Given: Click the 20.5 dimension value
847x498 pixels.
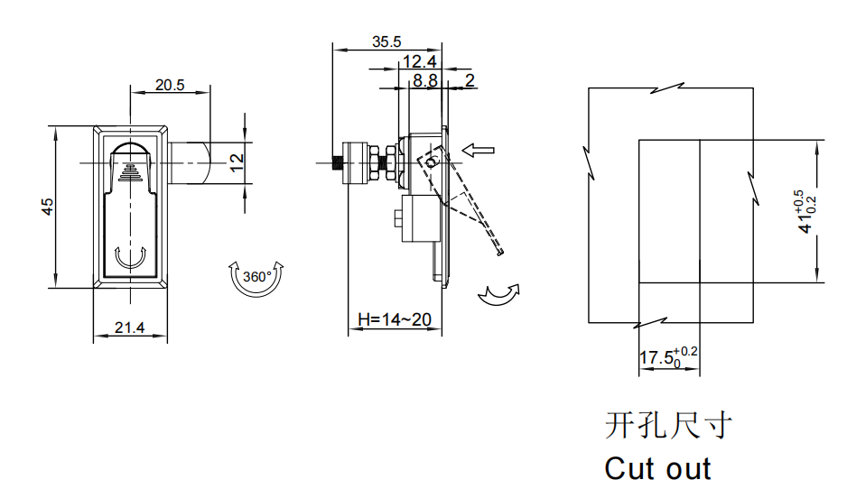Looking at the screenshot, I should (x=170, y=86).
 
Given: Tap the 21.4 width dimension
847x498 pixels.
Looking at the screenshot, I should (x=130, y=328).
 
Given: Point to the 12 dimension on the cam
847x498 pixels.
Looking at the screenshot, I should (x=237, y=163).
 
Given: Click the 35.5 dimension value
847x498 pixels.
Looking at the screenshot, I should (x=386, y=41).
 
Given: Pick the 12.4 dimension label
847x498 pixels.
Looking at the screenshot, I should (x=420, y=61).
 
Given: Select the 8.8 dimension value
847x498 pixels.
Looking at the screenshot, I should (x=424, y=80).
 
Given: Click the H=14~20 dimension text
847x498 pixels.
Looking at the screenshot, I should (x=394, y=319).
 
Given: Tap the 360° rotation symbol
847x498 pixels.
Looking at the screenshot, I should (x=257, y=276).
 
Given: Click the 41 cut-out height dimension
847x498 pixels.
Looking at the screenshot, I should (x=806, y=213).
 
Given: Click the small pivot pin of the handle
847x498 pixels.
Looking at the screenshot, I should (x=432, y=163).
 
